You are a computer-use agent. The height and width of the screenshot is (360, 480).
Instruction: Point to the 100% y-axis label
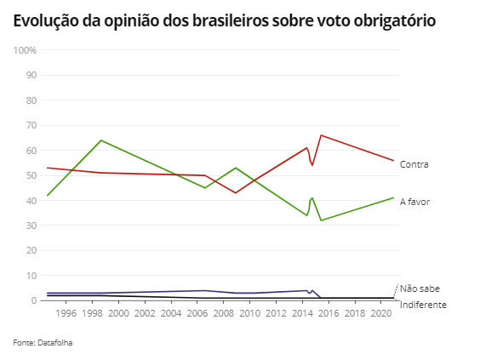pos(26,50)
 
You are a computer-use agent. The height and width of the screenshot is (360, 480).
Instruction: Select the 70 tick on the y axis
pos(31,126)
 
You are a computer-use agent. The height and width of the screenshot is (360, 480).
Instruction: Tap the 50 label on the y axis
pos(31,176)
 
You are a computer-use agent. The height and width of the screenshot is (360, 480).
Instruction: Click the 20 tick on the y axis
pos(31,251)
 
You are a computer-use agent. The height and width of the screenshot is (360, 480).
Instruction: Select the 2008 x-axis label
pos(223,314)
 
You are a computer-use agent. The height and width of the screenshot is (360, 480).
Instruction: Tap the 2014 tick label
pos(301,314)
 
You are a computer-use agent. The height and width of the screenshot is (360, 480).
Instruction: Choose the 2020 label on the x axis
pos(380,314)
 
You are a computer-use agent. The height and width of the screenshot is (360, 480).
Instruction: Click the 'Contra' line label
pos(414,164)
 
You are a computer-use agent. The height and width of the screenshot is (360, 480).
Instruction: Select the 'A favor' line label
pos(415,202)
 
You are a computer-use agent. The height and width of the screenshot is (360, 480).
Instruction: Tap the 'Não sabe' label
pos(420,289)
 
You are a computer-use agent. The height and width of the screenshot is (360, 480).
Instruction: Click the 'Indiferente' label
pos(423,305)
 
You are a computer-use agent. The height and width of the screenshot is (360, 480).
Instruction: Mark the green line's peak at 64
pos(101,140)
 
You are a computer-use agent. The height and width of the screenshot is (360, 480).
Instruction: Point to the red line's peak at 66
pos(320,135)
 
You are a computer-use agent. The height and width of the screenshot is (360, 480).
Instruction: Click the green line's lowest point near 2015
pos(321,220)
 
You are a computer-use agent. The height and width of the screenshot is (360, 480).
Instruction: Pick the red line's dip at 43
pos(236,193)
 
